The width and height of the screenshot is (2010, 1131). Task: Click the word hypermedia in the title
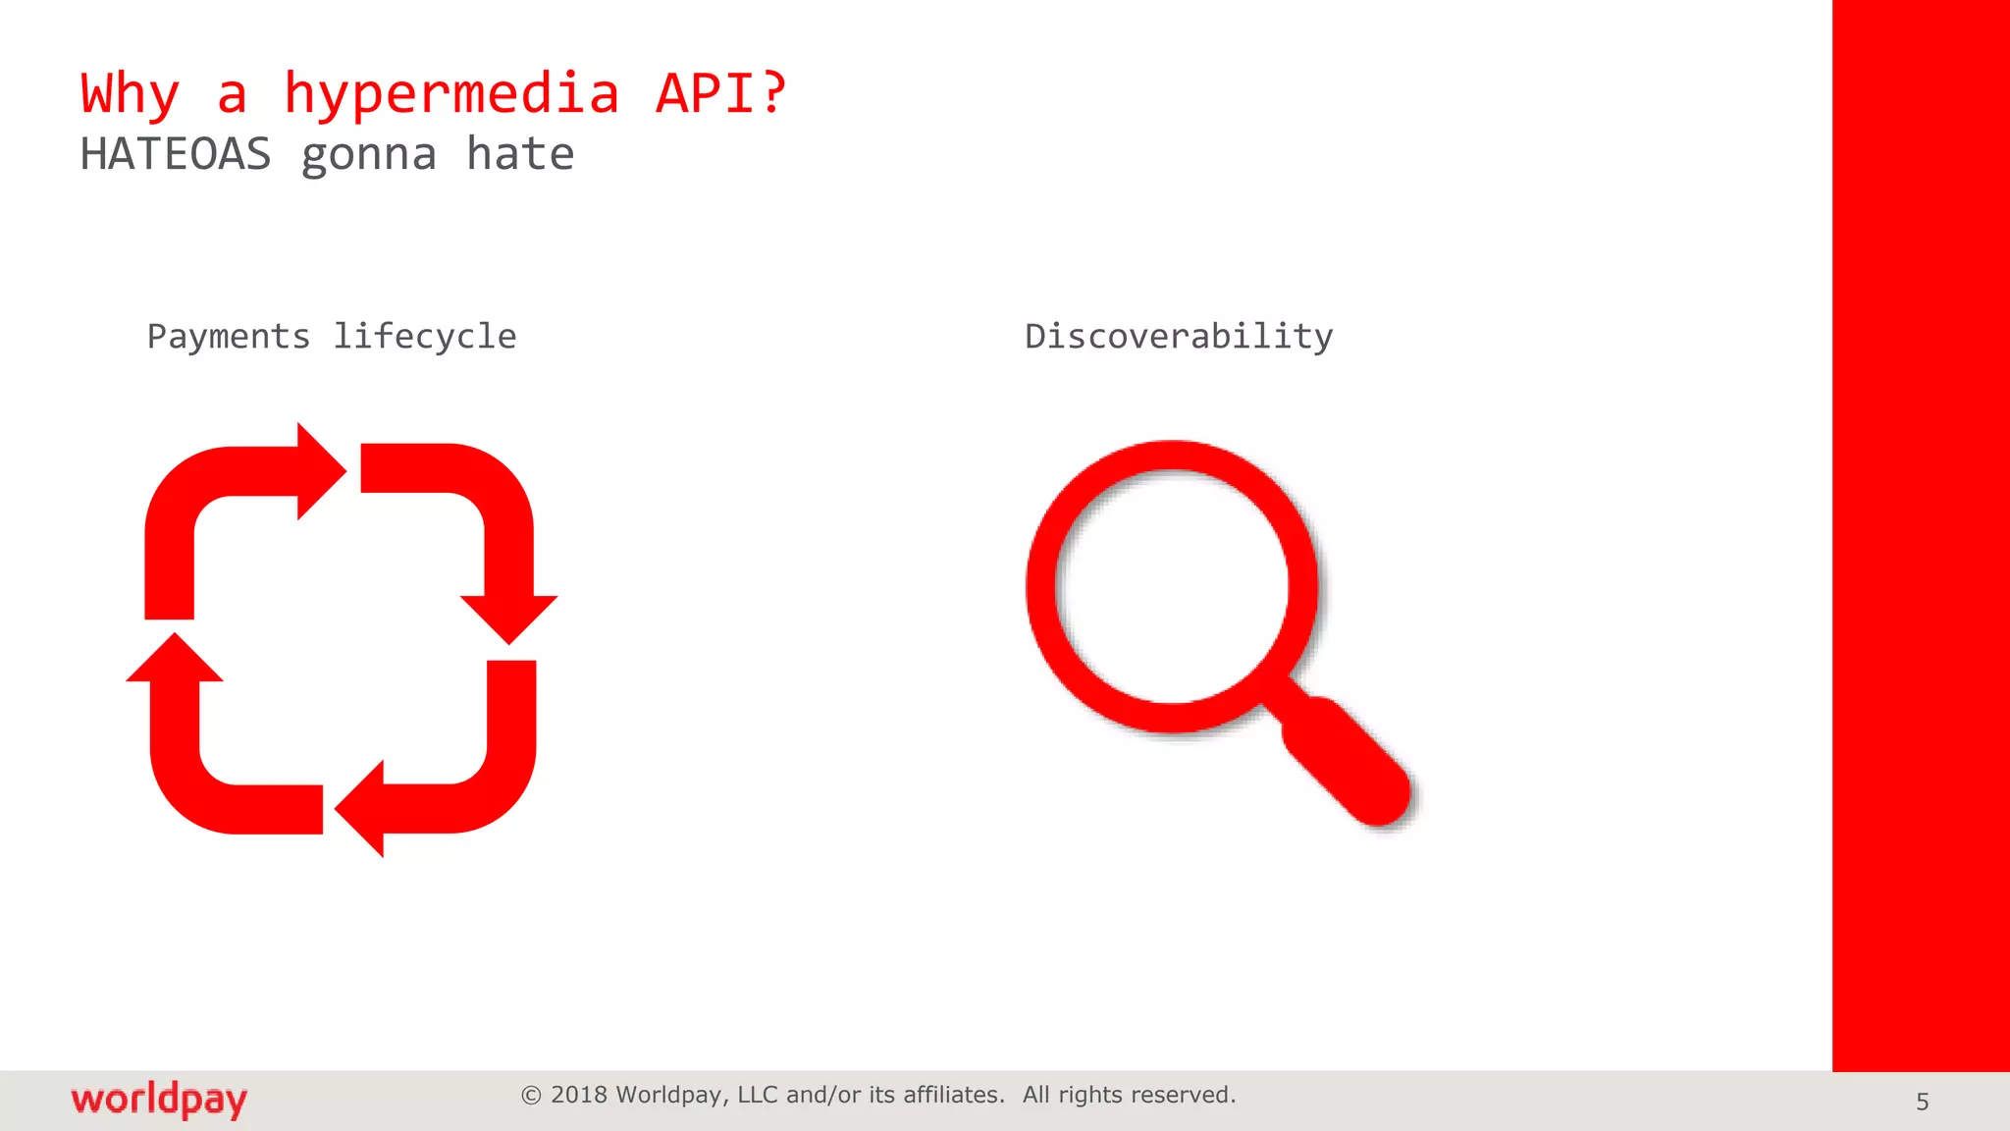451,94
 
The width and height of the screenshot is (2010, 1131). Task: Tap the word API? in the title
720,94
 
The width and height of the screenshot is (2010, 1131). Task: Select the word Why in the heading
130,94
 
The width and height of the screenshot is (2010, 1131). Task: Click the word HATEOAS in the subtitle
175,155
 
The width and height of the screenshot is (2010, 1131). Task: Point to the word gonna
368,155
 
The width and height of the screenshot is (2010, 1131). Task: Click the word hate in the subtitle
519,155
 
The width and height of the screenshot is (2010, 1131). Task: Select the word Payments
229,337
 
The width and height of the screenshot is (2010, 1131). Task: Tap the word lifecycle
424,337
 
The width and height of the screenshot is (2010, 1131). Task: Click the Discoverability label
1178,337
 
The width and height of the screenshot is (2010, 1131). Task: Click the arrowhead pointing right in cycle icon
318,471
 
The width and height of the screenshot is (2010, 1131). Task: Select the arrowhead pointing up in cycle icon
175,660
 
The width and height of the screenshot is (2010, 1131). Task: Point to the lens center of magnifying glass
1172,586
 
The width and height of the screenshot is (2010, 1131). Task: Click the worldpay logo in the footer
159,1100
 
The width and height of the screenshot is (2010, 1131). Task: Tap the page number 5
1922,1102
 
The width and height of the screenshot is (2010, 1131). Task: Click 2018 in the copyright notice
579,1095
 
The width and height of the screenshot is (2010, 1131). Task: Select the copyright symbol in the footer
531,1096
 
